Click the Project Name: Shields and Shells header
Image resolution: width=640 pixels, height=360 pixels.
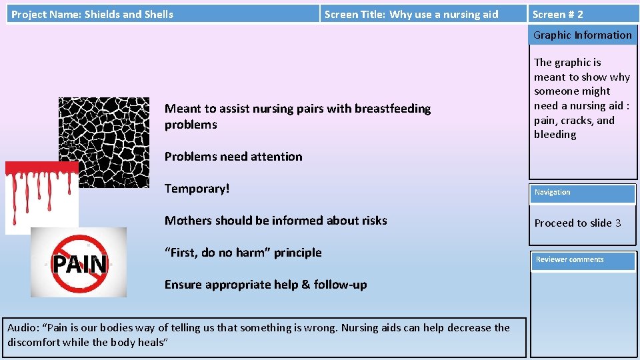point(92,14)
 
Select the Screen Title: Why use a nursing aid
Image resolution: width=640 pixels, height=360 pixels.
point(411,14)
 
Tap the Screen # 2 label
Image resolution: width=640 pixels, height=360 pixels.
point(557,14)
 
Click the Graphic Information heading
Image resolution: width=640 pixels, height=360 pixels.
point(582,35)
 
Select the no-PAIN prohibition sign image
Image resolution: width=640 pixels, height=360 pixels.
point(79,263)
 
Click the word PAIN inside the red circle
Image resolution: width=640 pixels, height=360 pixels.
point(79,265)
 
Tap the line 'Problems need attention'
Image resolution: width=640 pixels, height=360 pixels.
point(233,157)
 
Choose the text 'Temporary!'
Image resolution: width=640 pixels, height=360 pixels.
point(197,189)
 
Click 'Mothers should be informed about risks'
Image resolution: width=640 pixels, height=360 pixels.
point(275,221)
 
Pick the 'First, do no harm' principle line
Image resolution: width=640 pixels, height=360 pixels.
point(243,253)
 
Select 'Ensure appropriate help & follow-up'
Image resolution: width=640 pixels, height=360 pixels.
point(265,285)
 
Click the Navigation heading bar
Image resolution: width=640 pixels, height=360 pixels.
point(582,193)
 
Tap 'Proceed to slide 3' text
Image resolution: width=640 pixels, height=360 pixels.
point(577,223)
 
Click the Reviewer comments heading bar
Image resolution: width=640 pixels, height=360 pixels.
point(582,260)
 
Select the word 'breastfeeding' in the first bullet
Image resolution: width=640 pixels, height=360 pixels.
point(393,109)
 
